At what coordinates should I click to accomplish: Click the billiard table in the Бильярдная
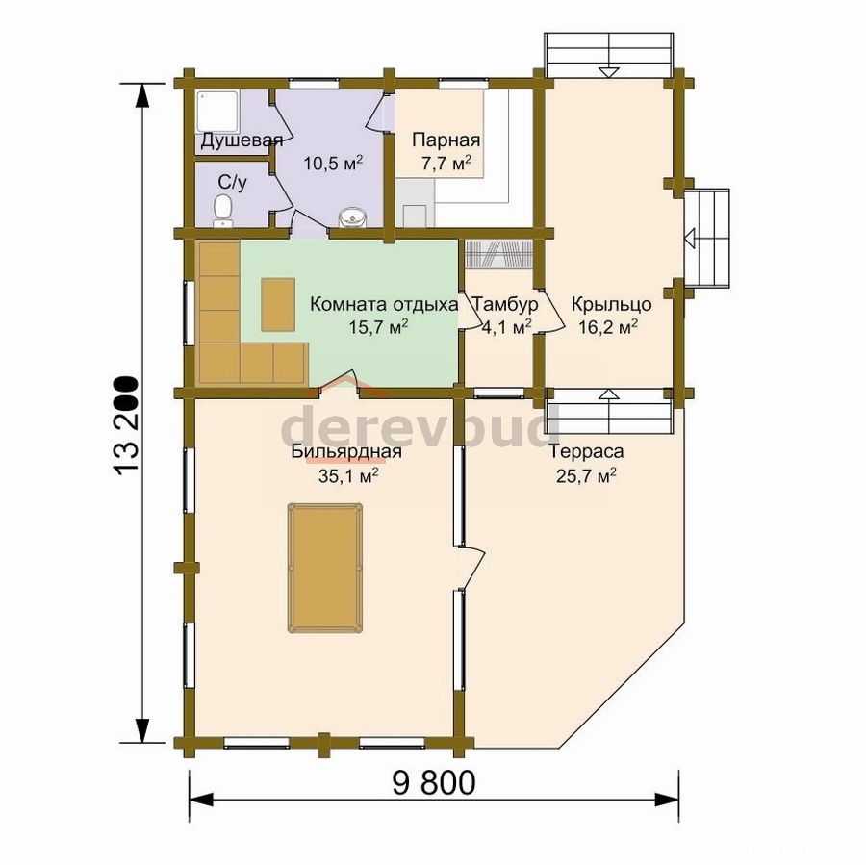324,568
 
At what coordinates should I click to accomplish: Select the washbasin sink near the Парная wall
352,217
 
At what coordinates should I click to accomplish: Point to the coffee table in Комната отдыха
278,304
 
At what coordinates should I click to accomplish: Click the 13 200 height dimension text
125,425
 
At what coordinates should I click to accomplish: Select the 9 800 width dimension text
434,782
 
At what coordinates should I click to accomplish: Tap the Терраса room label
587,451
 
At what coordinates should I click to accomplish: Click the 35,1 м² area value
348,475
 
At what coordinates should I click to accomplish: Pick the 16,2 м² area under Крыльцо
608,327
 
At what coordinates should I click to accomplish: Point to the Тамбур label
505,304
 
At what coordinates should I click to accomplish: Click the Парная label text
446,140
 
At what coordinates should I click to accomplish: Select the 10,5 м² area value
333,164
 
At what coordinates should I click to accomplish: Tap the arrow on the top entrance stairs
609,71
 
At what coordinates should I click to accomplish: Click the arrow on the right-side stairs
689,238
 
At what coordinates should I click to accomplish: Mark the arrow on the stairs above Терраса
609,394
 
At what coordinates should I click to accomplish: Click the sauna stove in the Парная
415,216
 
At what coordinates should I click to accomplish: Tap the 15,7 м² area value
378,327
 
